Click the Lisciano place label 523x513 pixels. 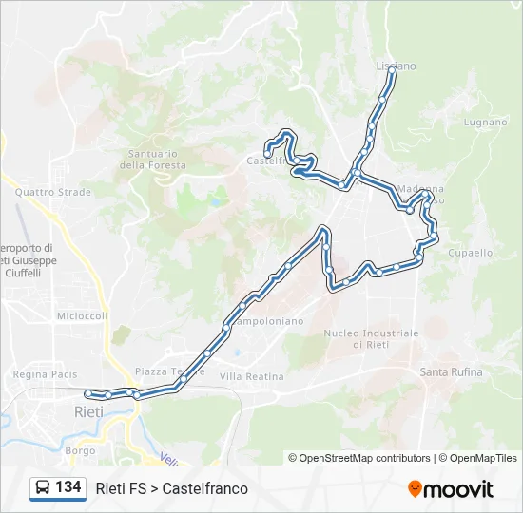pos(397,66)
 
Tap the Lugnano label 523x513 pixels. pos(485,123)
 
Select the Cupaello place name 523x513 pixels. pos(471,253)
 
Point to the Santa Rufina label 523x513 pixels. pos(451,371)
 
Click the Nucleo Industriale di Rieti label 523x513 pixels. pos(371,338)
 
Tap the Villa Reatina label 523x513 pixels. pos(251,376)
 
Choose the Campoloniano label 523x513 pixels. pos(266,321)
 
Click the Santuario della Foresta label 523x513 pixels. pos(153,159)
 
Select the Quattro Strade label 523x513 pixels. pos(53,192)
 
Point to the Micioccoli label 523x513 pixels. pos(82,316)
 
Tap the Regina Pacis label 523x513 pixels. pos(45,374)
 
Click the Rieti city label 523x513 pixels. pos(88,411)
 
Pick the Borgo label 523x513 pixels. pos(81,450)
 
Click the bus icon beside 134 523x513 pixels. pos(42,488)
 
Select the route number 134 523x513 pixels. pos(68,487)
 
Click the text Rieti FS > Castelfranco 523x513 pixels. pos(171,488)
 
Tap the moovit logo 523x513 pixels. pos(451,489)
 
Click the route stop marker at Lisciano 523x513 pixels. pos(392,69)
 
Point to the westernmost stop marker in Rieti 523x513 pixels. pos(87,393)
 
